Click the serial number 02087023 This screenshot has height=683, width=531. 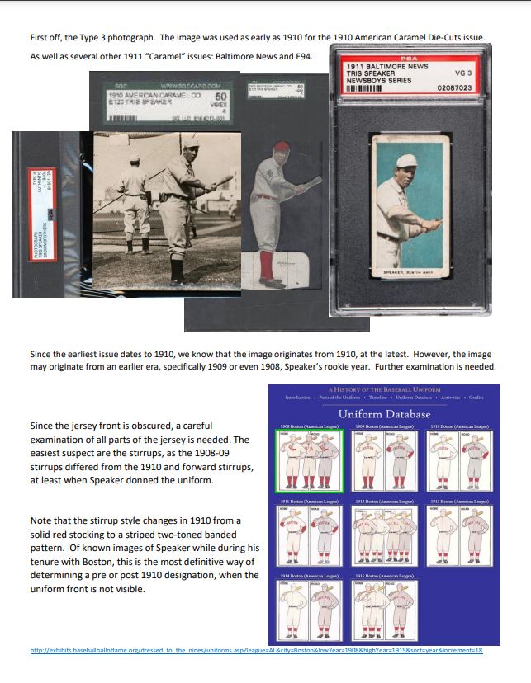453,87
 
